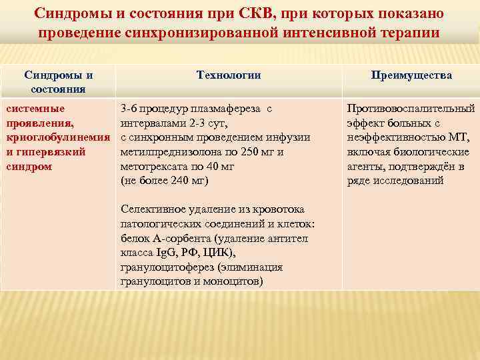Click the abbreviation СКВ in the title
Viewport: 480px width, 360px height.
point(269,14)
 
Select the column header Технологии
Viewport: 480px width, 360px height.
point(229,75)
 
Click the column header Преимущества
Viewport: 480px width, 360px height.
point(411,75)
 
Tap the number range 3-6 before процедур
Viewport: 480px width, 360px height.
point(129,107)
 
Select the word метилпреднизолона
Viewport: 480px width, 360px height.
point(167,151)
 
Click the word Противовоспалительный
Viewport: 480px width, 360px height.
point(411,107)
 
